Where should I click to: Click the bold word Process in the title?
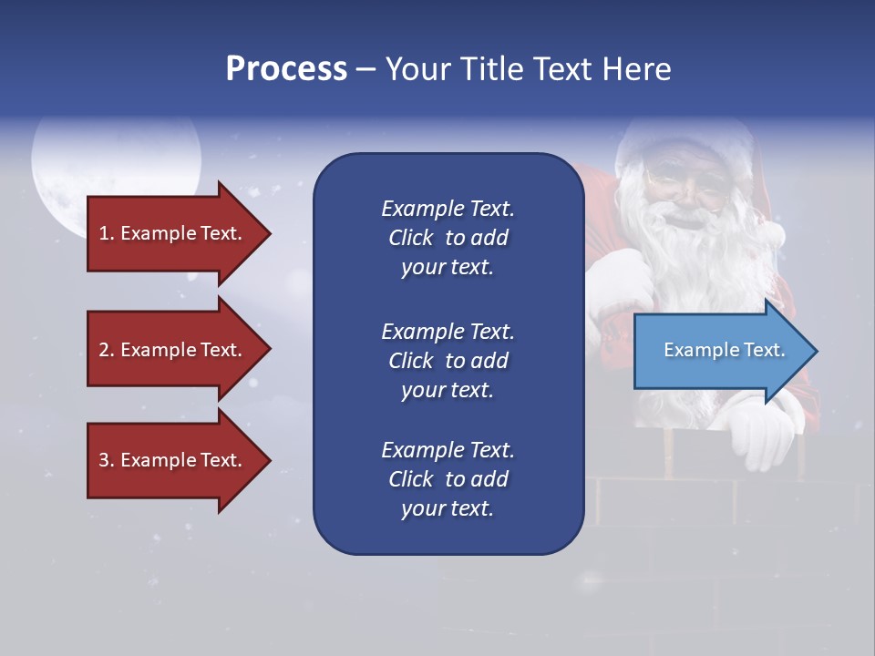286,69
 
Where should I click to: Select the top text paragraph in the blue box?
448,238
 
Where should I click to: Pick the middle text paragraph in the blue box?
448,361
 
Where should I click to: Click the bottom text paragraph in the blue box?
448,479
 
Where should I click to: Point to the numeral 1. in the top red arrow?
106,233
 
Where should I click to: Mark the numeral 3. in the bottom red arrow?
106,460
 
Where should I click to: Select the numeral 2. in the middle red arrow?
106,350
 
